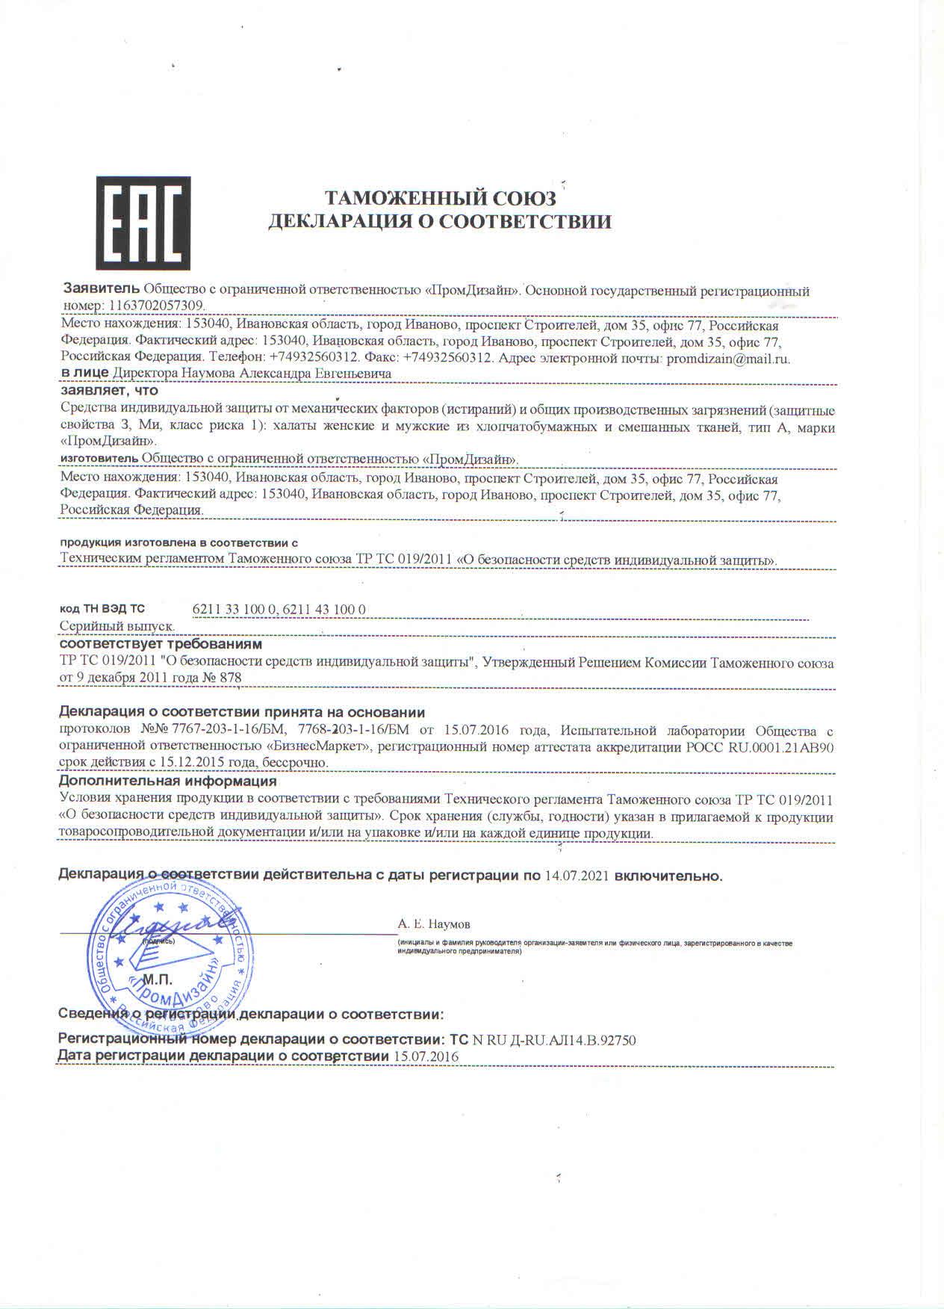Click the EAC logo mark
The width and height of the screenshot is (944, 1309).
[x=143, y=223]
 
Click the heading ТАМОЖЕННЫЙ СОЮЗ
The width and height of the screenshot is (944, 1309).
[x=440, y=198]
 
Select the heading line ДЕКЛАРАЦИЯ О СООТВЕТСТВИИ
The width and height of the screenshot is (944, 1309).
[x=440, y=221]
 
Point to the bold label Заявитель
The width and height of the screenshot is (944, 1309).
[x=101, y=289]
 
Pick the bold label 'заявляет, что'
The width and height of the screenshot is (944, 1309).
[x=109, y=390]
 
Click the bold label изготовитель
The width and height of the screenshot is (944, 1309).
[x=99, y=457]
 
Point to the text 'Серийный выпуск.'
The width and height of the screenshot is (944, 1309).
[x=117, y=626]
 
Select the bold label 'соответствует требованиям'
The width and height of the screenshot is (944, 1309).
[x=161, y=643]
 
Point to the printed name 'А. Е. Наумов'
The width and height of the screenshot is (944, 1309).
[x=434, y=924]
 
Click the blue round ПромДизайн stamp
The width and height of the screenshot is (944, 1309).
[x=168, y=953]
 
